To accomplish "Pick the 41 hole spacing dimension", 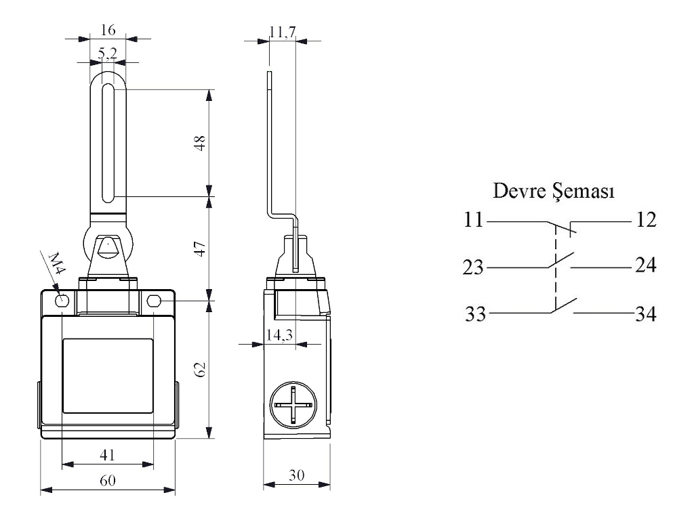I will [107, 455].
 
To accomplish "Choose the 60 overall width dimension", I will [108, 481].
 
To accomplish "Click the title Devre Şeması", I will [554, 192].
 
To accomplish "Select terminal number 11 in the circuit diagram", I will [472, 221].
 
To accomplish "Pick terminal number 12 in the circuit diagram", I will [645, 221].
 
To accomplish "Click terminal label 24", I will [645, 266].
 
